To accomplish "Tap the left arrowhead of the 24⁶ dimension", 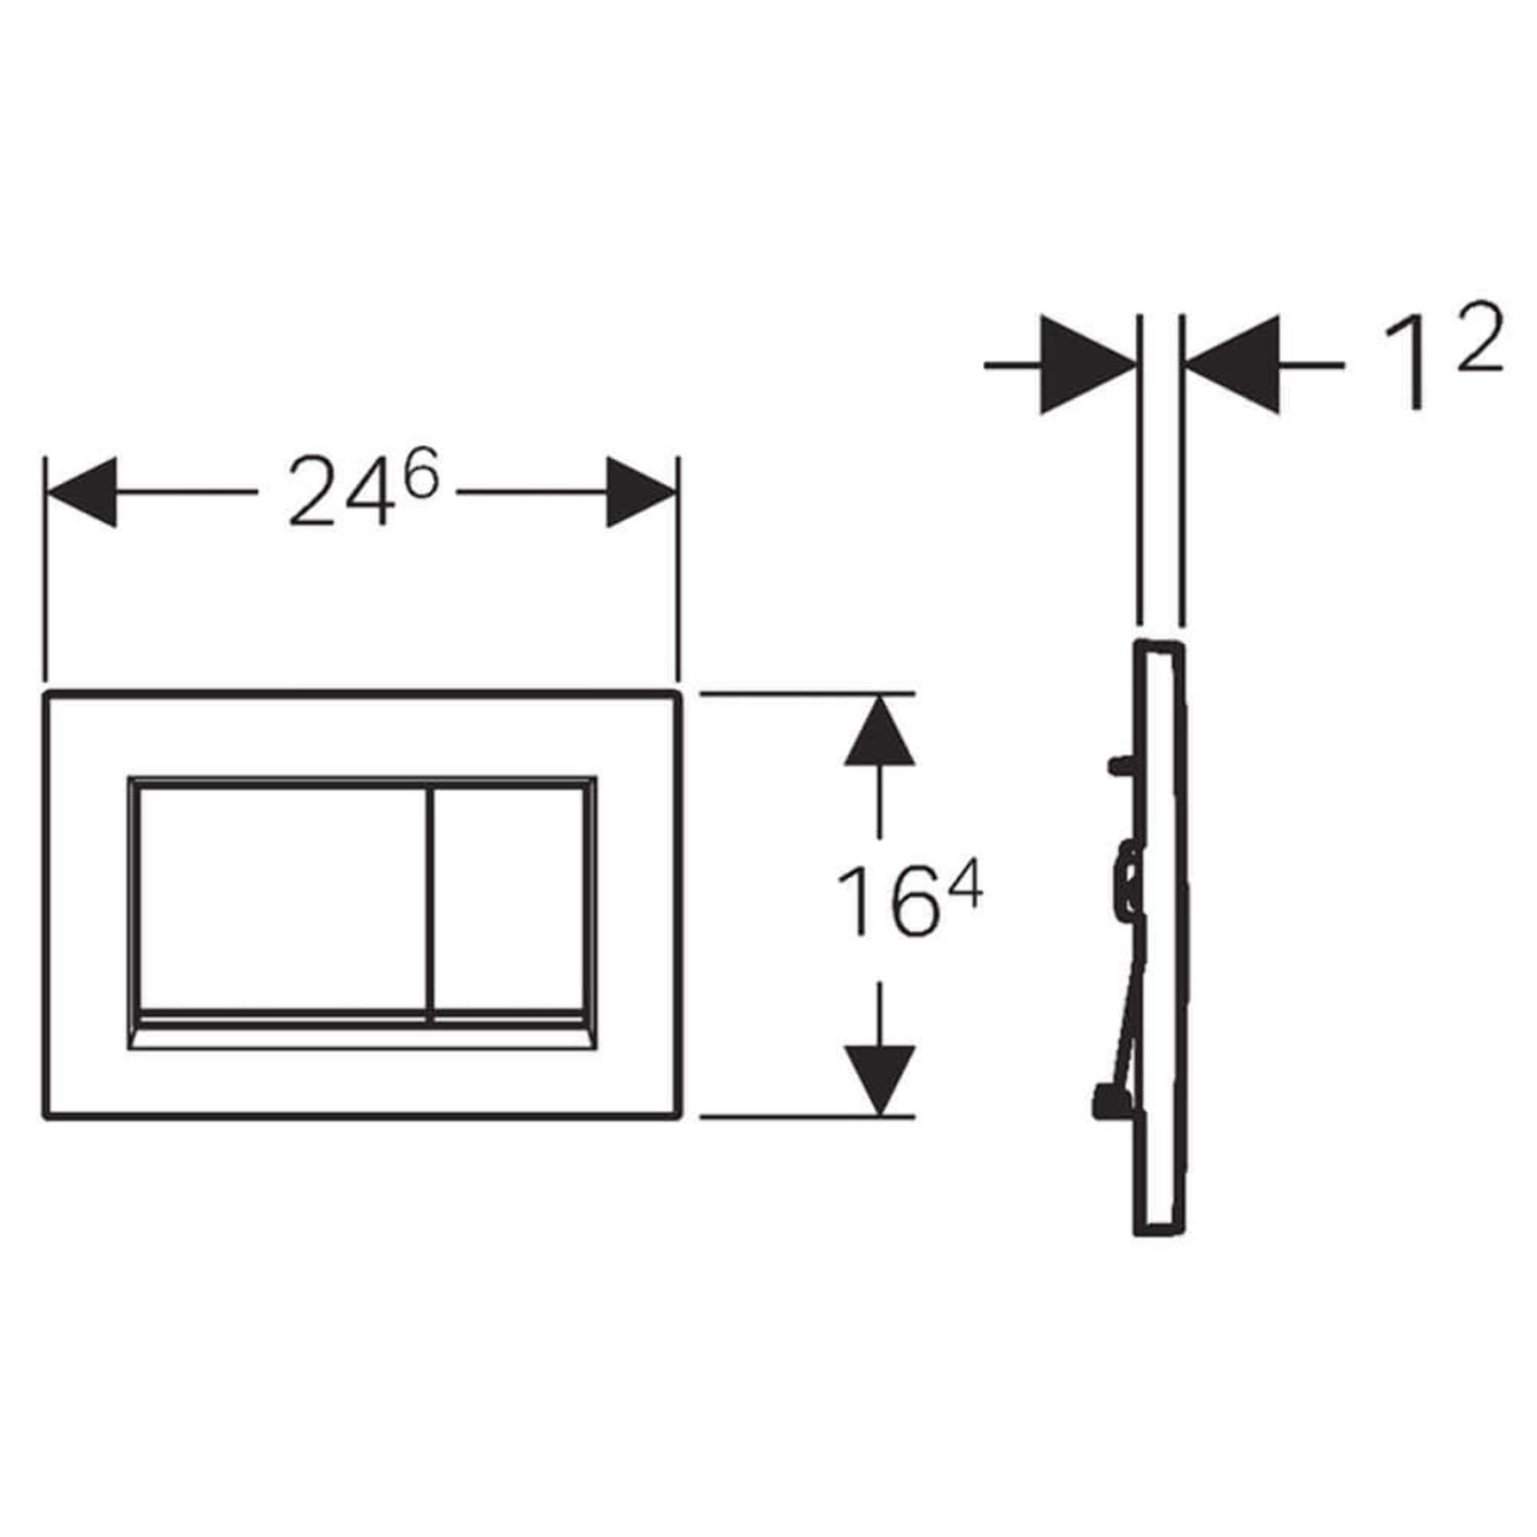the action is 81,492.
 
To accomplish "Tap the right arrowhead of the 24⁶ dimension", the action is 641,492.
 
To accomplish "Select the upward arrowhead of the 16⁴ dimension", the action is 879,731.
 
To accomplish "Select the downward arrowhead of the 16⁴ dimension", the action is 879,1080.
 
